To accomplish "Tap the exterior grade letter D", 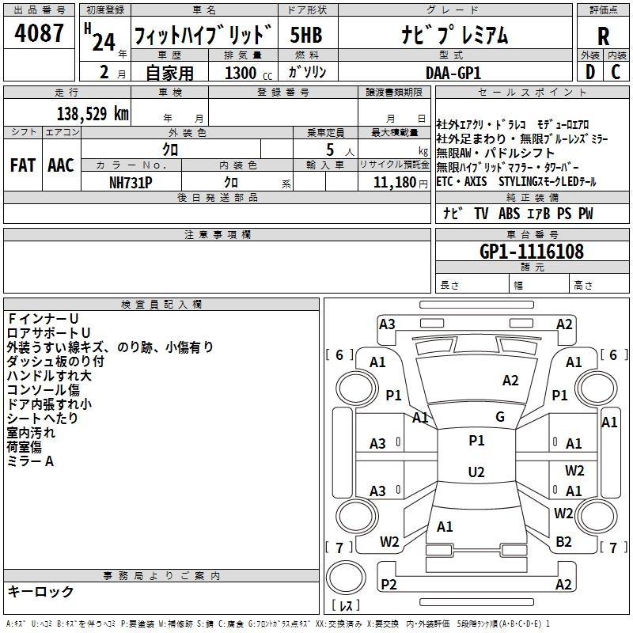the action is [589, 72].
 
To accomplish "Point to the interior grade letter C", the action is [616, 72].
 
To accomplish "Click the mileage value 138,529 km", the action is [92, 113].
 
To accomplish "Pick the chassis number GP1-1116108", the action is [532, 252].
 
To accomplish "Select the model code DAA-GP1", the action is [453, 73].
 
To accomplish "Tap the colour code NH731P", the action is [132, 182].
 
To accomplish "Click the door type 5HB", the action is [305, 36].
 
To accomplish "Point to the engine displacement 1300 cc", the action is [246, 73].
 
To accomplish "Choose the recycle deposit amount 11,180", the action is [389, 182].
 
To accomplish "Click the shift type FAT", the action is [22, 165].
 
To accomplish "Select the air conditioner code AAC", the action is [61, 165].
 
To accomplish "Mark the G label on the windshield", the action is [499, 417].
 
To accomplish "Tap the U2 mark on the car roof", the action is [476, 472].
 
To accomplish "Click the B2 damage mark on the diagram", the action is [563, 541].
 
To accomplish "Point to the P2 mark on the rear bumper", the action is [389, 584].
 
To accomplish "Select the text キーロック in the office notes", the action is [40, 592].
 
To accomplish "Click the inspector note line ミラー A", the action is [30, 461].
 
